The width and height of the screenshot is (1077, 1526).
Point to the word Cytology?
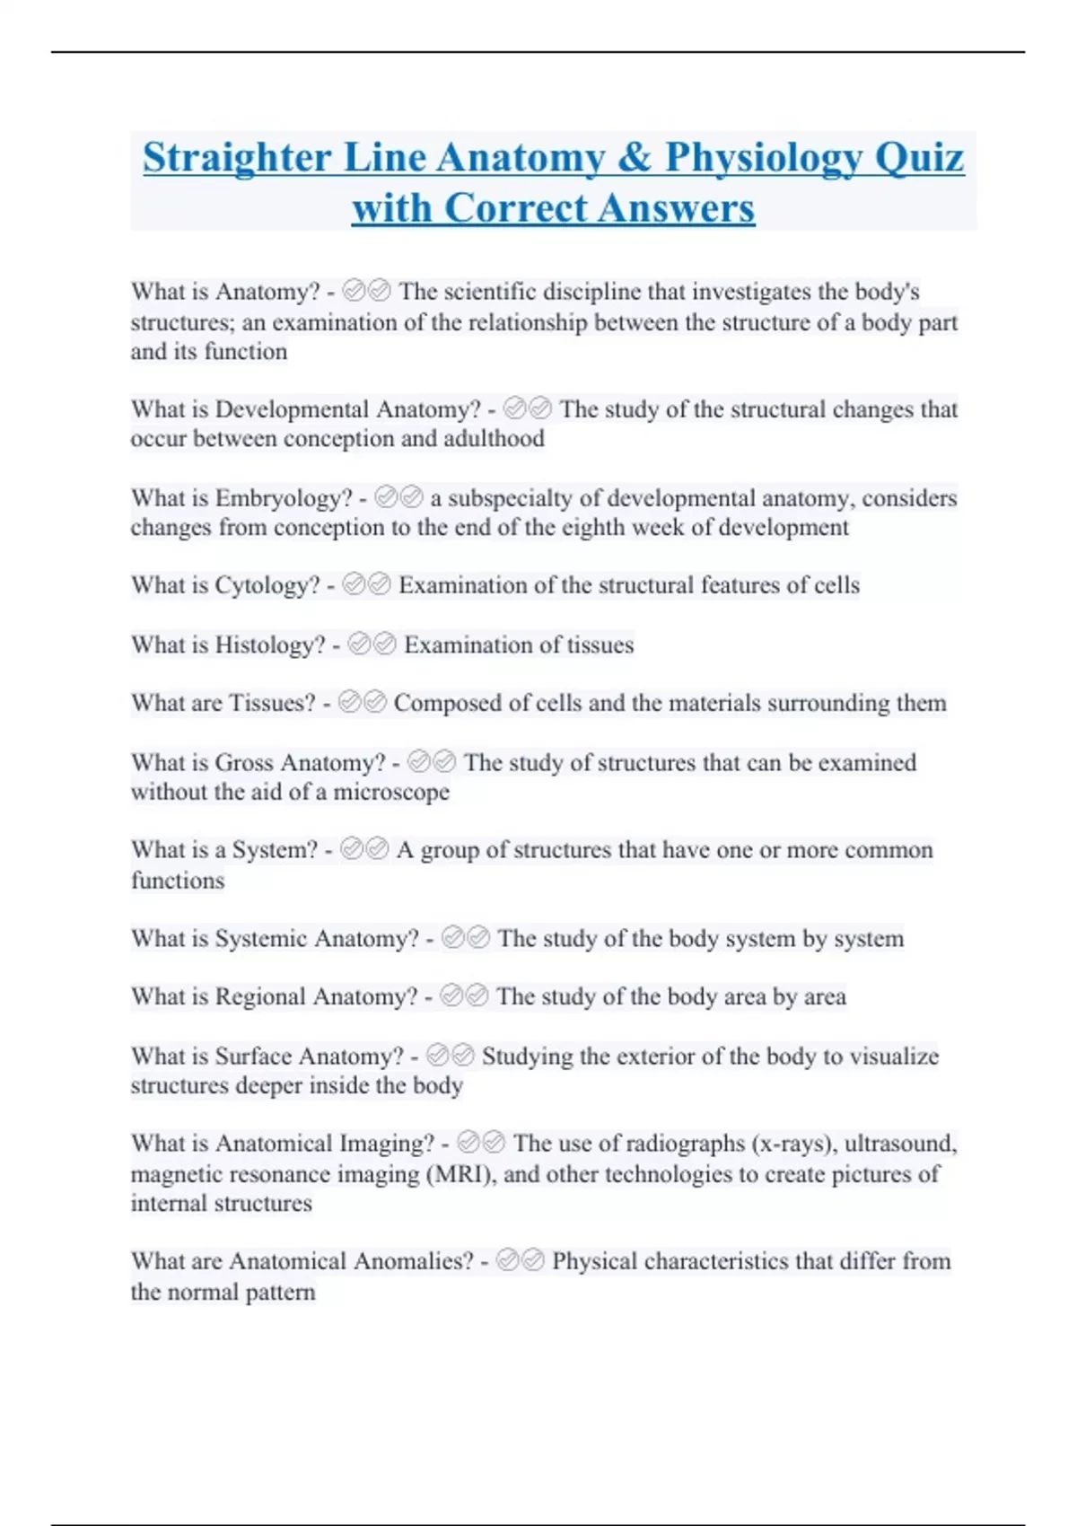coord(267,585)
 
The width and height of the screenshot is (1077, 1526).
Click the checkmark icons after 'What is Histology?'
coord(371,645)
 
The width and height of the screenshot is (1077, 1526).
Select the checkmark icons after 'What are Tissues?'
coord(363,702)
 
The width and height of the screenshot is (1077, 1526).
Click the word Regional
coord(260,997)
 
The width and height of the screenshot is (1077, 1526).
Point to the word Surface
coord(253,1057)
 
